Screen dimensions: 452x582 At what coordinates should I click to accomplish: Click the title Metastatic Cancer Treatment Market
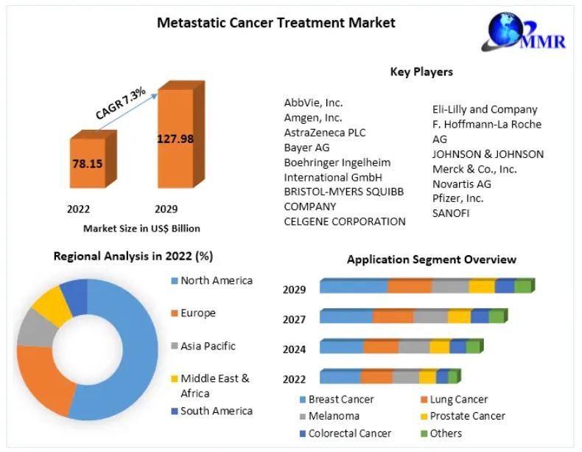coord(276,23)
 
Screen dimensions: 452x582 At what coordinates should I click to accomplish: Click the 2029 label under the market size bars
coord(166,209)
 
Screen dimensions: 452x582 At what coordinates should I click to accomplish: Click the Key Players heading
coord(421,72)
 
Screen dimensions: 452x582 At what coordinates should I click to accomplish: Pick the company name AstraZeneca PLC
coord(325,133)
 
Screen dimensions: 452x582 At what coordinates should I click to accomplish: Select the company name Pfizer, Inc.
coord(457,198)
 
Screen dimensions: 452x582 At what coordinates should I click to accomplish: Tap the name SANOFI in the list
coord(451,213)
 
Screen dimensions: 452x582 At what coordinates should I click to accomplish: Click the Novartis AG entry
coord(461,184)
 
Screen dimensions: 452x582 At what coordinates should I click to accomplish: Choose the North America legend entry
coord(216,280)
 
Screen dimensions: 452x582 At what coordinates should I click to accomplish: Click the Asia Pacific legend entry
coord(208,346)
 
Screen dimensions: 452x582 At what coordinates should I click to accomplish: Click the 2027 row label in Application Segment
coord(294,319)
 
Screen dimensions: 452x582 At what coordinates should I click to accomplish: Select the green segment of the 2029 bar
coord(522,286)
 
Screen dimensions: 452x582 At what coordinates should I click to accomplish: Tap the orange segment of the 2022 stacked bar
coord(376,378)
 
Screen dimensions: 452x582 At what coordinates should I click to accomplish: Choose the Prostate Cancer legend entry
coord(467,417)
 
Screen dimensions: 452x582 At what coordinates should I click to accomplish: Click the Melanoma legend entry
coord(334,417)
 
